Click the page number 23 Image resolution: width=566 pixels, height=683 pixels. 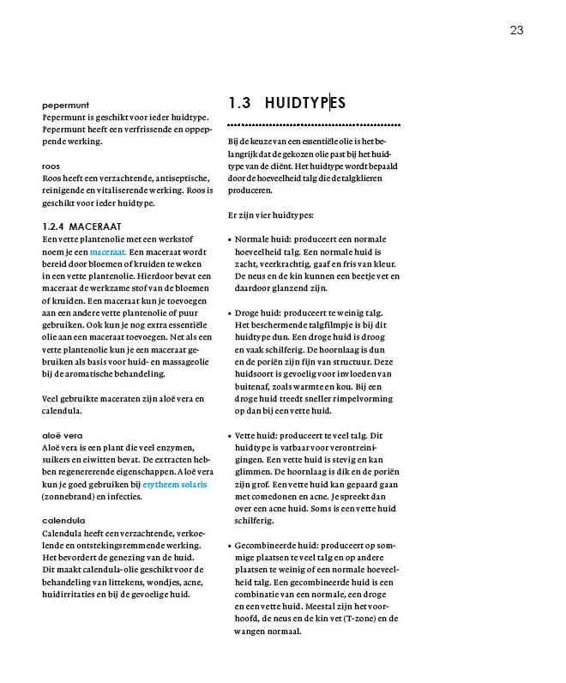tap(516, 30)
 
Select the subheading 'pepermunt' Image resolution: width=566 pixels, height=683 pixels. tap(66, 104)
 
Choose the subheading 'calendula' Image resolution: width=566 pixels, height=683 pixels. tap(64, 521)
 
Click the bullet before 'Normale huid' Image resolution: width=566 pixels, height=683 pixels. tap(231, 242)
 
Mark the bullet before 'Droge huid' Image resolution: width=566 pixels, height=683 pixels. tap(231, 315)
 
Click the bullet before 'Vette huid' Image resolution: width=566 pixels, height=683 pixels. tap(231, 436)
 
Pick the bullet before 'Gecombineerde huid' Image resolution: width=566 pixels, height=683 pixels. tap(231, 546)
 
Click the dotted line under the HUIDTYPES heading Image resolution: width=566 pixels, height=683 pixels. tap(314, 125)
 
